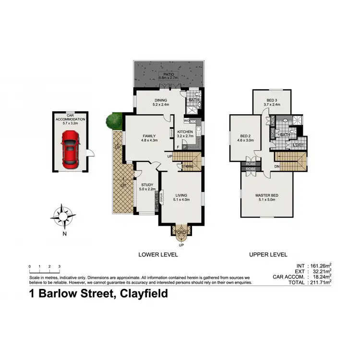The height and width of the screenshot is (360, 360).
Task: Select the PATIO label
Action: [x=168, y=74]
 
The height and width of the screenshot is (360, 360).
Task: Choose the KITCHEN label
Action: [x=185, y=132]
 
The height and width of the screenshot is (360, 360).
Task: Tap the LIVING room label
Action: [x=181, y=195]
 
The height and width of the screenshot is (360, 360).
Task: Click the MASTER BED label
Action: [x=267, y=195]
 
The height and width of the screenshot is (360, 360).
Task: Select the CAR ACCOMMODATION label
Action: [x=70, y=119]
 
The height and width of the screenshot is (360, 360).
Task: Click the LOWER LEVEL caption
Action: [x=157, y=255]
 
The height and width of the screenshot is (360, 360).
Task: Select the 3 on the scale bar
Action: [x=59, y=266]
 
